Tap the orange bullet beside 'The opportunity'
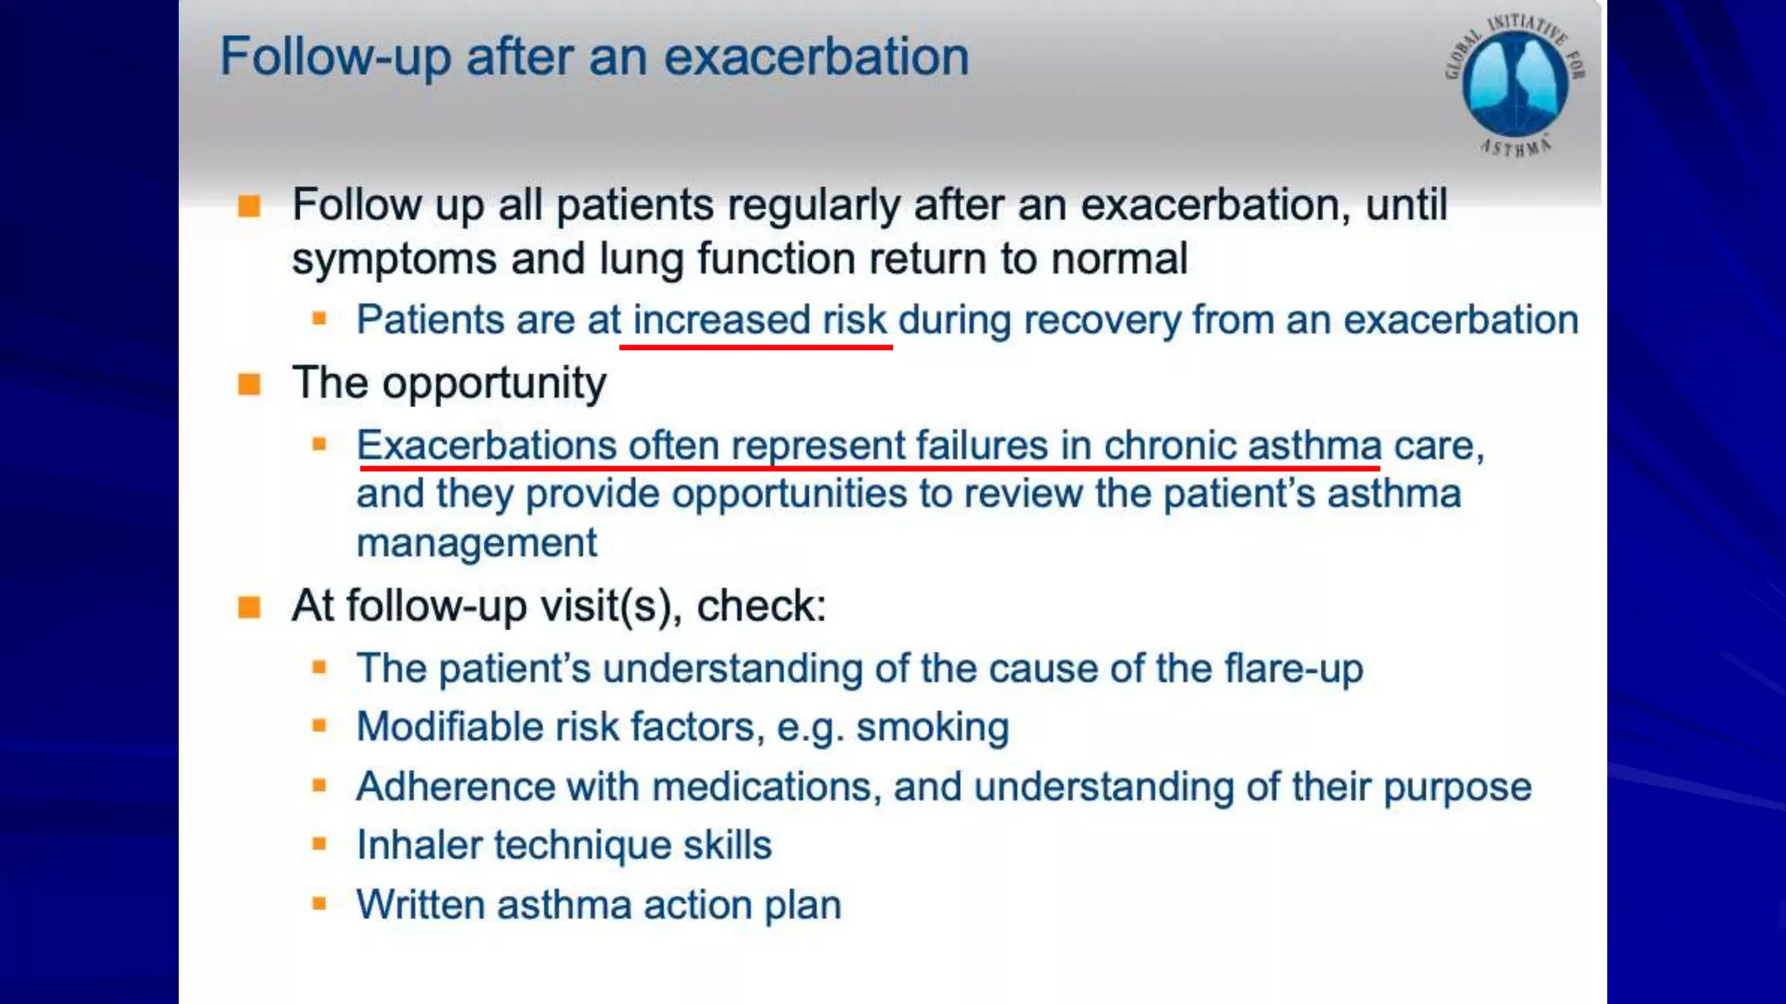249,384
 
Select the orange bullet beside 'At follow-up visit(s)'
249,607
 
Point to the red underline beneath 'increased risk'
755,347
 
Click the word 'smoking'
932,727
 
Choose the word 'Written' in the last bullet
421,905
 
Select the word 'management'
476,543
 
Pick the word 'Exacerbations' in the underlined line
487,445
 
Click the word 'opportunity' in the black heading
494,383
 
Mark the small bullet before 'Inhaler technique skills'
319,845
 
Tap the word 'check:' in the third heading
761,606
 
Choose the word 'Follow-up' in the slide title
335,58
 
